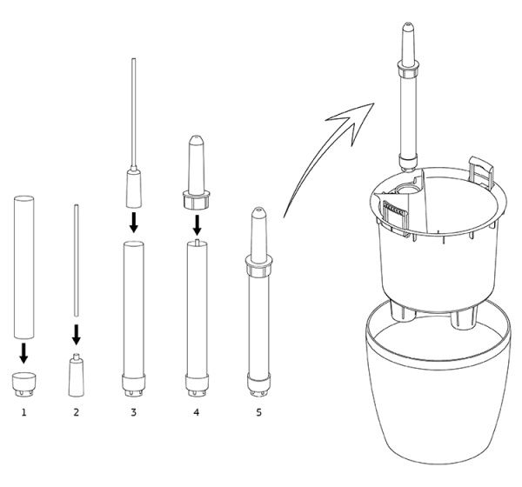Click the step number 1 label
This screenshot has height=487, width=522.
pos(23,412)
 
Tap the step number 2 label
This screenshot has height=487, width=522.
pos(77,412)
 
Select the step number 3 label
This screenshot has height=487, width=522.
pos(133,412)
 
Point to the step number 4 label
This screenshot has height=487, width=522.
pos(197,412)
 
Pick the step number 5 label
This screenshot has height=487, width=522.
pos(259,412)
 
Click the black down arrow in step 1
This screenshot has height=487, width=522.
pos(23,353)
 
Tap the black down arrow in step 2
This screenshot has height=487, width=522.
pos(77,335)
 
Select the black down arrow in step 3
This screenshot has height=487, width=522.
pos(133,223)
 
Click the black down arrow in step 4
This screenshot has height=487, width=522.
pos(197,225)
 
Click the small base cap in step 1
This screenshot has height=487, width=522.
pos(24,384)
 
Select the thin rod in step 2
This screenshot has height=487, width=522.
pos(77,260)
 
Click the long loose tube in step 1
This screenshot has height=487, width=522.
pos(24,267)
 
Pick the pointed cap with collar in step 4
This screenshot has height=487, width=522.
pos(196,172)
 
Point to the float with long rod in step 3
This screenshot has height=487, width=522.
pos(134,133)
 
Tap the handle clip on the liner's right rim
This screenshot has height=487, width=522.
pos(481,170)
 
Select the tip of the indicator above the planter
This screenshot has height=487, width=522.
pos(407,24)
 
